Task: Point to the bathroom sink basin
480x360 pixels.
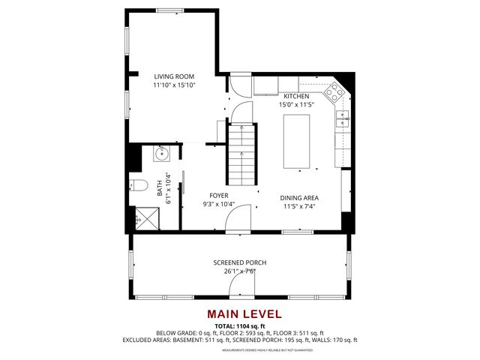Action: pos(160,154)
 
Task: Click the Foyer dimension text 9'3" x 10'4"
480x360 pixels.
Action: pos(218,204)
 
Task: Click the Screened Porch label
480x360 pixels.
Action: pos(239,262)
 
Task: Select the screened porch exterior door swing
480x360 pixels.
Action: pos(242,283)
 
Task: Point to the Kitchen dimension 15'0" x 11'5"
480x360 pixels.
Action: pos(295,105)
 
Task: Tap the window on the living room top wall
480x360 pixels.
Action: pos(169,10)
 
